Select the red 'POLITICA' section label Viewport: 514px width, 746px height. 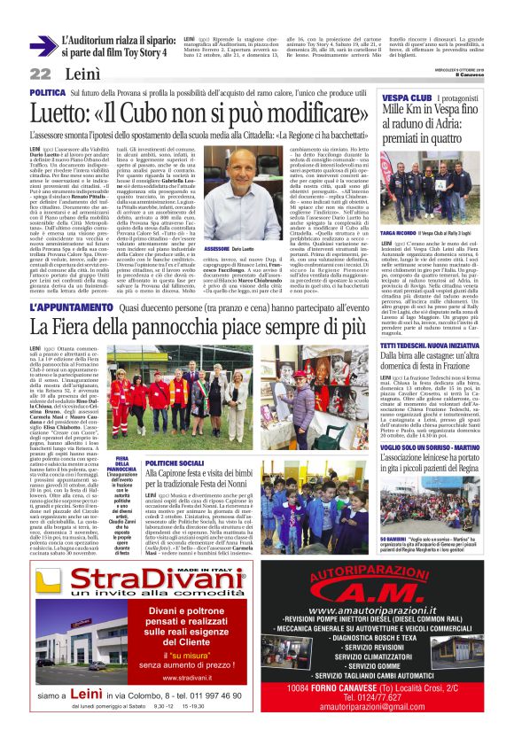(48, 92)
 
